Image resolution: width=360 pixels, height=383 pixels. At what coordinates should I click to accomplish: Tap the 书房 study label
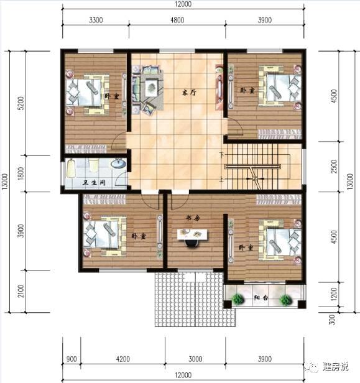192,218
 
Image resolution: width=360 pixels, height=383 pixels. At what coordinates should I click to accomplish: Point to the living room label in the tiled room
189,92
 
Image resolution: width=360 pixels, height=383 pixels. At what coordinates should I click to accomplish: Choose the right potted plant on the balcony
285,300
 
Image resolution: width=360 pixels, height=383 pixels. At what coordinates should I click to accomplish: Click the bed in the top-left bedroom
86,93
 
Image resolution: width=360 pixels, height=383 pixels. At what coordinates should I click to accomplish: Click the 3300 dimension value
95,21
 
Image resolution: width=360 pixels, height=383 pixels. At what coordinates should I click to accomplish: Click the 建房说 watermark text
336,366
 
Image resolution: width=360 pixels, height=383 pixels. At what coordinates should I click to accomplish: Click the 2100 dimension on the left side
21,290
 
